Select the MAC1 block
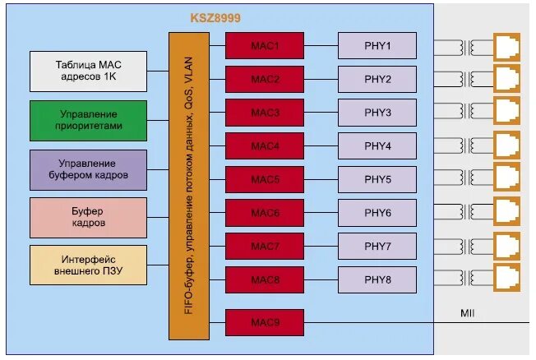(x=265, y=46)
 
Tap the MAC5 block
(x=265, y=179)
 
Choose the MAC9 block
(x=265, y=322)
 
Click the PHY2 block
(x=377, y=80)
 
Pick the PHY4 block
(x=377, y=146)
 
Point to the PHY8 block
(x=377, y=280)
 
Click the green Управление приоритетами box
(x=88, y=121)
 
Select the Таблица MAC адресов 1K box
(x=88, y=72)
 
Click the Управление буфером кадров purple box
(x=88, y=169)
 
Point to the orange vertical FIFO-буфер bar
(x=189, y=186)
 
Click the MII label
(x=468, y=313)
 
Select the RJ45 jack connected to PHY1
(x=506, y=46)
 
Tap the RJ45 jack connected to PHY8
(x=506, y=279)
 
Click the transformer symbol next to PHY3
(x=471, y=112)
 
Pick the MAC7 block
(x=265, y=247)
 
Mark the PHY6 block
(x=377, y=213)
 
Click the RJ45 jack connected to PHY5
(x=506, y=178)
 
